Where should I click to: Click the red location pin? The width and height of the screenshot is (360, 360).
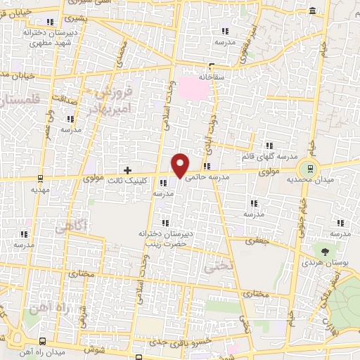point(181,164)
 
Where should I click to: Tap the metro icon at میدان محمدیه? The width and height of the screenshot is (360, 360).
point(307,168)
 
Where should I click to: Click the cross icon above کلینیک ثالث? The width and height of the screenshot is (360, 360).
point(127,169)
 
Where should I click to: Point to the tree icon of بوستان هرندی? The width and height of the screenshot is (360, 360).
point(324,250)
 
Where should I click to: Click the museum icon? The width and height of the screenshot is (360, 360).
point(312,11)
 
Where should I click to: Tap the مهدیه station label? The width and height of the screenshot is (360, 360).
point(39,190)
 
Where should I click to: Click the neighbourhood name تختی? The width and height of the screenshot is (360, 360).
point(212,268)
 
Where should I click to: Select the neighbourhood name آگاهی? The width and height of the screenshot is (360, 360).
point(70,227)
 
